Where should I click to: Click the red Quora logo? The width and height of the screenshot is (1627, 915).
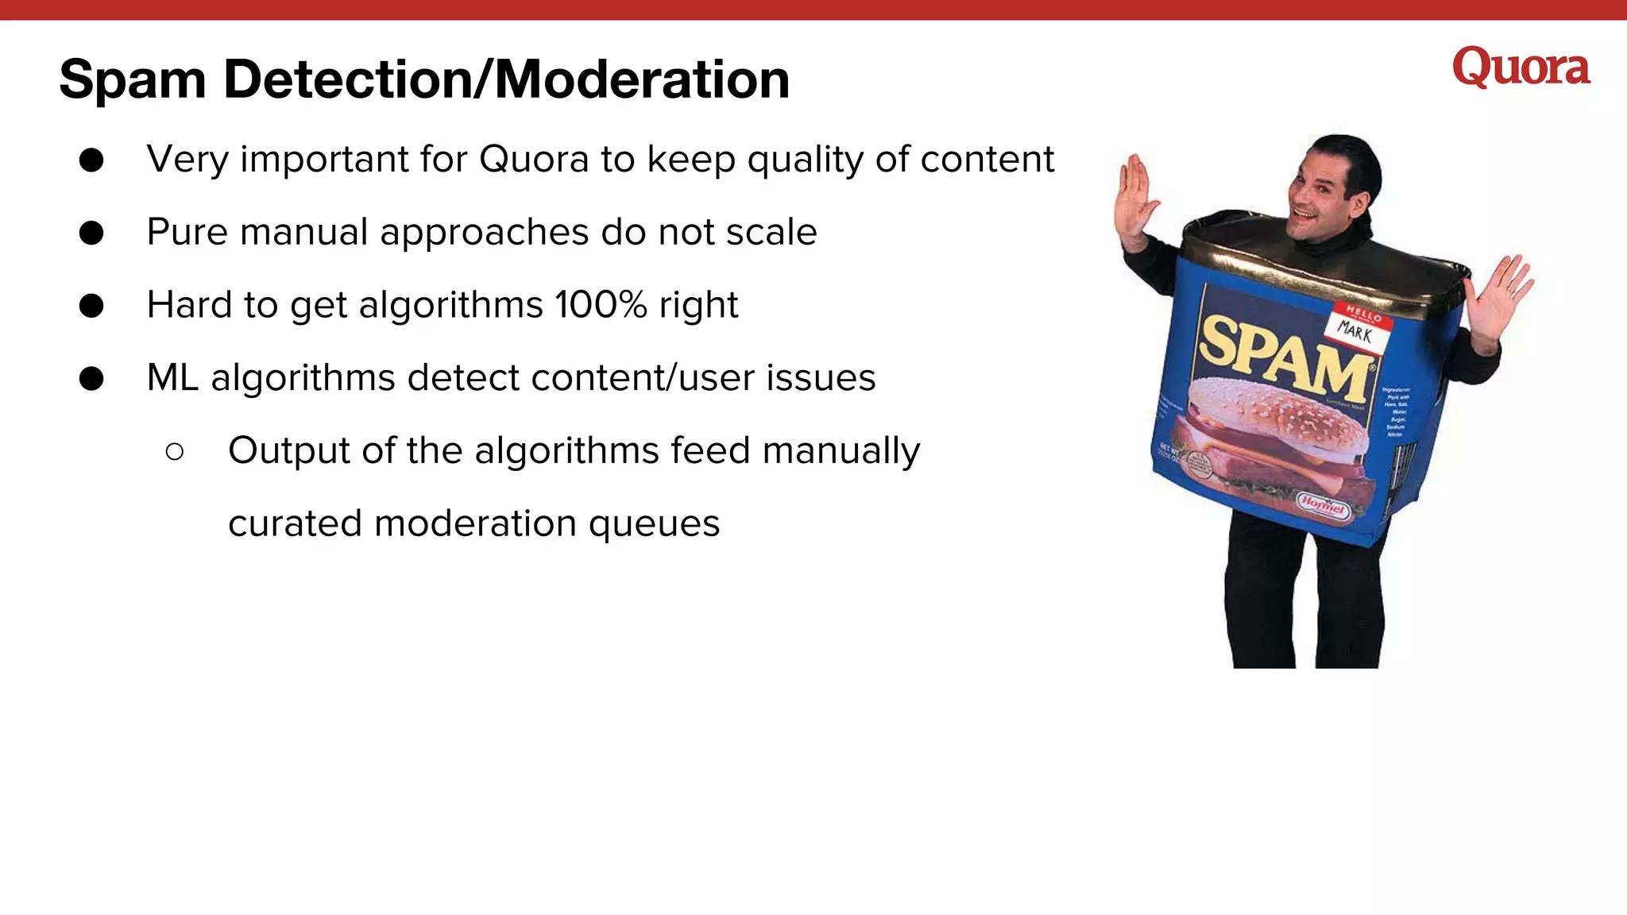(x=1521, y=68)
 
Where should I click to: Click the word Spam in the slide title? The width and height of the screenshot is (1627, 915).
(x=132, y=81)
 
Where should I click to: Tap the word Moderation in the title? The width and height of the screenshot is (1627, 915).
(x=642, y=79)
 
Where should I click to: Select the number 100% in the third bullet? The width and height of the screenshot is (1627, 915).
(x=601, y=305)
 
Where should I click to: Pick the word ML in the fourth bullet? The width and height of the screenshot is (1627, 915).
(x=172, y=378)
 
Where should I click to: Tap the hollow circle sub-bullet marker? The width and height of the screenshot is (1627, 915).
(x=175, y=452)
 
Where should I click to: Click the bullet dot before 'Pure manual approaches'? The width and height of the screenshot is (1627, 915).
(x=91, y=233)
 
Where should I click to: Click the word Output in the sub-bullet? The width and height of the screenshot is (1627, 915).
(x=289, y=451)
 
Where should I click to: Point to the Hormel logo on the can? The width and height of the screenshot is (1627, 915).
(x=1323, y=505)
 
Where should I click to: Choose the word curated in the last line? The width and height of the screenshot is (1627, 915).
(x=295, y=524)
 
